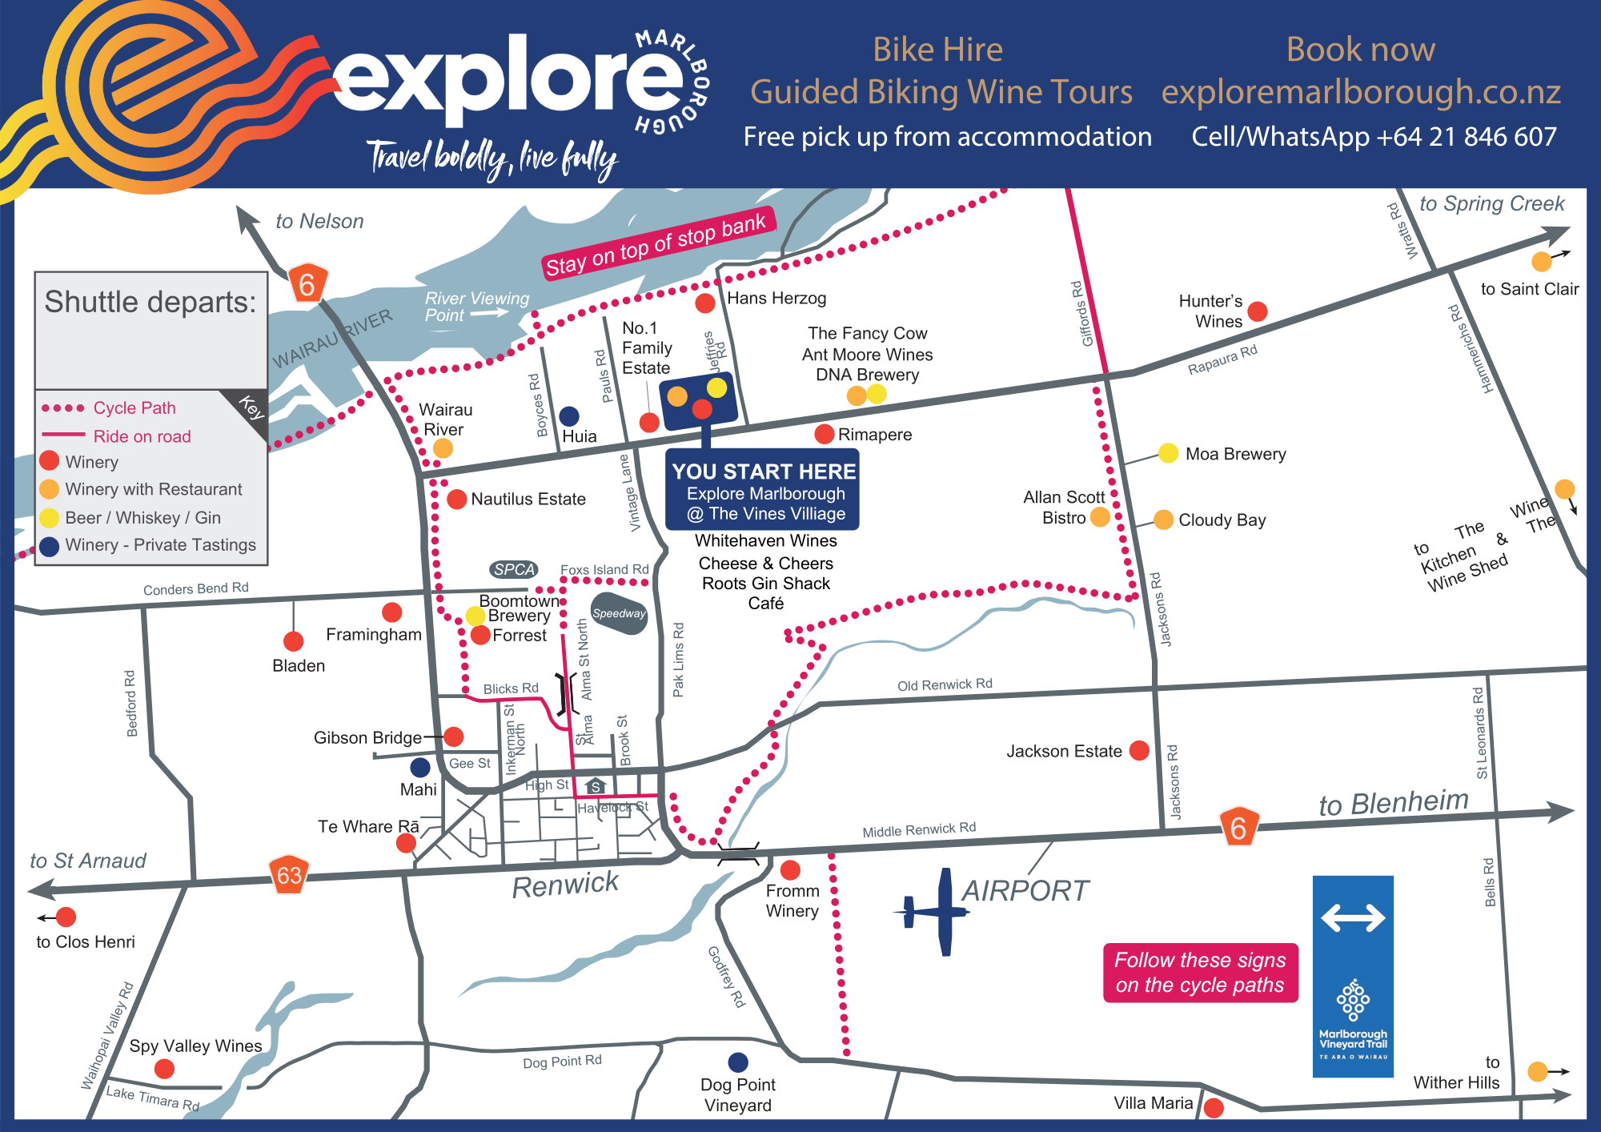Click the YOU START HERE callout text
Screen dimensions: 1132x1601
click(764, 472)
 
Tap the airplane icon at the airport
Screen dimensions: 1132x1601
click(933, 912)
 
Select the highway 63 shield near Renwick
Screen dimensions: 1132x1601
click(289, 875)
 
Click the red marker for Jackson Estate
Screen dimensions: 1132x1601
click(1139, 750)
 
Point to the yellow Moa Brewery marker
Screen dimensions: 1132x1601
click(1168, 453)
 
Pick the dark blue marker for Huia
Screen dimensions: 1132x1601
click(569, 416)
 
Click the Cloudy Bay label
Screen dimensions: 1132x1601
click(1222, 520)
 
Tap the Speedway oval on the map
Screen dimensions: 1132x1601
click(619, 613)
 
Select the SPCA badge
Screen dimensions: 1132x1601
click(514, 569)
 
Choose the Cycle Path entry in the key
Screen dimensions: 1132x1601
click(134, 408)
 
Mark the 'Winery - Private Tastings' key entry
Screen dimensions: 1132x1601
click(160, 545)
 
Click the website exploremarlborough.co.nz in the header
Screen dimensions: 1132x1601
click(1361, 92)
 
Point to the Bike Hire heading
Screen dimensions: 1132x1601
click(937, 50)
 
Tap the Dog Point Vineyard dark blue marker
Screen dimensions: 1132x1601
click(738, 1062)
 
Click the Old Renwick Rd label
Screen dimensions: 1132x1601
click(945, 684)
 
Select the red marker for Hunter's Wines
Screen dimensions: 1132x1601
click(1258, 311)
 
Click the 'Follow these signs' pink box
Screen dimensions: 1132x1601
click(1200, 973)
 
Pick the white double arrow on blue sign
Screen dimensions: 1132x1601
click(1353, 917)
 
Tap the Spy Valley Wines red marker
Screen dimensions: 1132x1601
click(165, 1069)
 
